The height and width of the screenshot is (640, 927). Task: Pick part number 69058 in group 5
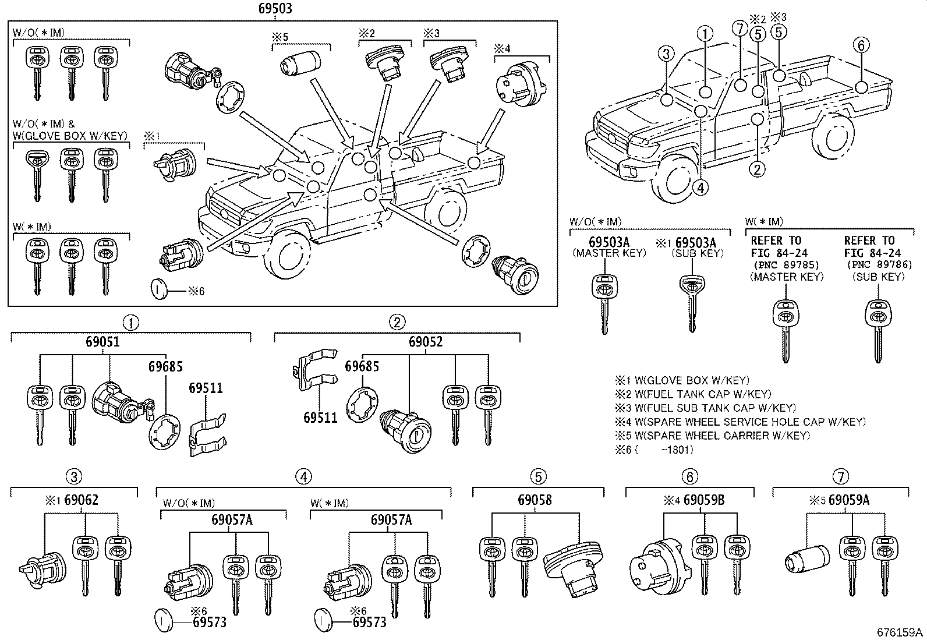pyautogui.click(x=535, y=500)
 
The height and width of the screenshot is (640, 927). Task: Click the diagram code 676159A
pyautogui.click(x=900, y=632)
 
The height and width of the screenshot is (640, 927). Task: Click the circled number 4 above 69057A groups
pyautogui.click(x=303, y=477)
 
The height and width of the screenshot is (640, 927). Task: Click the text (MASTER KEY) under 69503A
pyautogui.click(x=609, y=253)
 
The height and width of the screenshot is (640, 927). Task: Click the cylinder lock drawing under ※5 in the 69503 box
pyautogui.click(x=300, y=62)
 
